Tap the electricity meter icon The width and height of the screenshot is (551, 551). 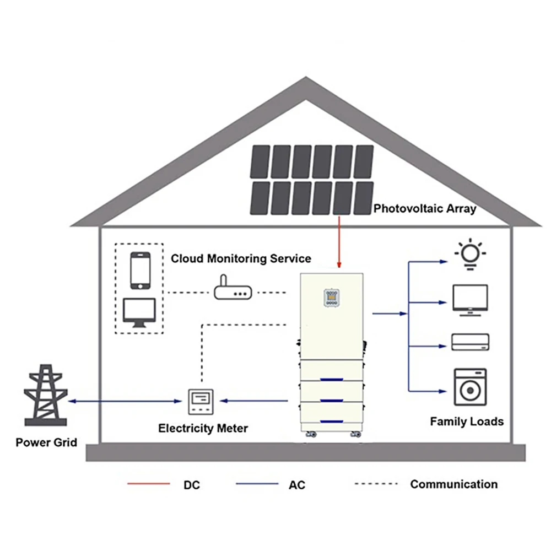(201, 402)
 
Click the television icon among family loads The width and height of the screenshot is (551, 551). (470, 300)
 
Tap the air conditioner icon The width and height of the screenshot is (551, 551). (470, 342)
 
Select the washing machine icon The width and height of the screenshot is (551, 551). (470, 387)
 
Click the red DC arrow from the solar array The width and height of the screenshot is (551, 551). (339, 242)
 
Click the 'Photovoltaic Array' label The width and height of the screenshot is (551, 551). (425, 209)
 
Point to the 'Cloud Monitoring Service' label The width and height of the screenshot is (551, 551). (241, 258)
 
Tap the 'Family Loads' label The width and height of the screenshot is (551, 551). (467, 422)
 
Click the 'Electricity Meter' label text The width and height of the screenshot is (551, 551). (203, 428)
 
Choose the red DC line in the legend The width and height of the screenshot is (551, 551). (149, 484)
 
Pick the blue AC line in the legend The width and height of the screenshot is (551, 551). (257, 484)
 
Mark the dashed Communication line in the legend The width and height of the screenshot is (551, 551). (376, 484)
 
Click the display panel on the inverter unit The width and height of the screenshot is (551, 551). (331, 298)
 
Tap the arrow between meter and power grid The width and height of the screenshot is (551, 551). (127, 401)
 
